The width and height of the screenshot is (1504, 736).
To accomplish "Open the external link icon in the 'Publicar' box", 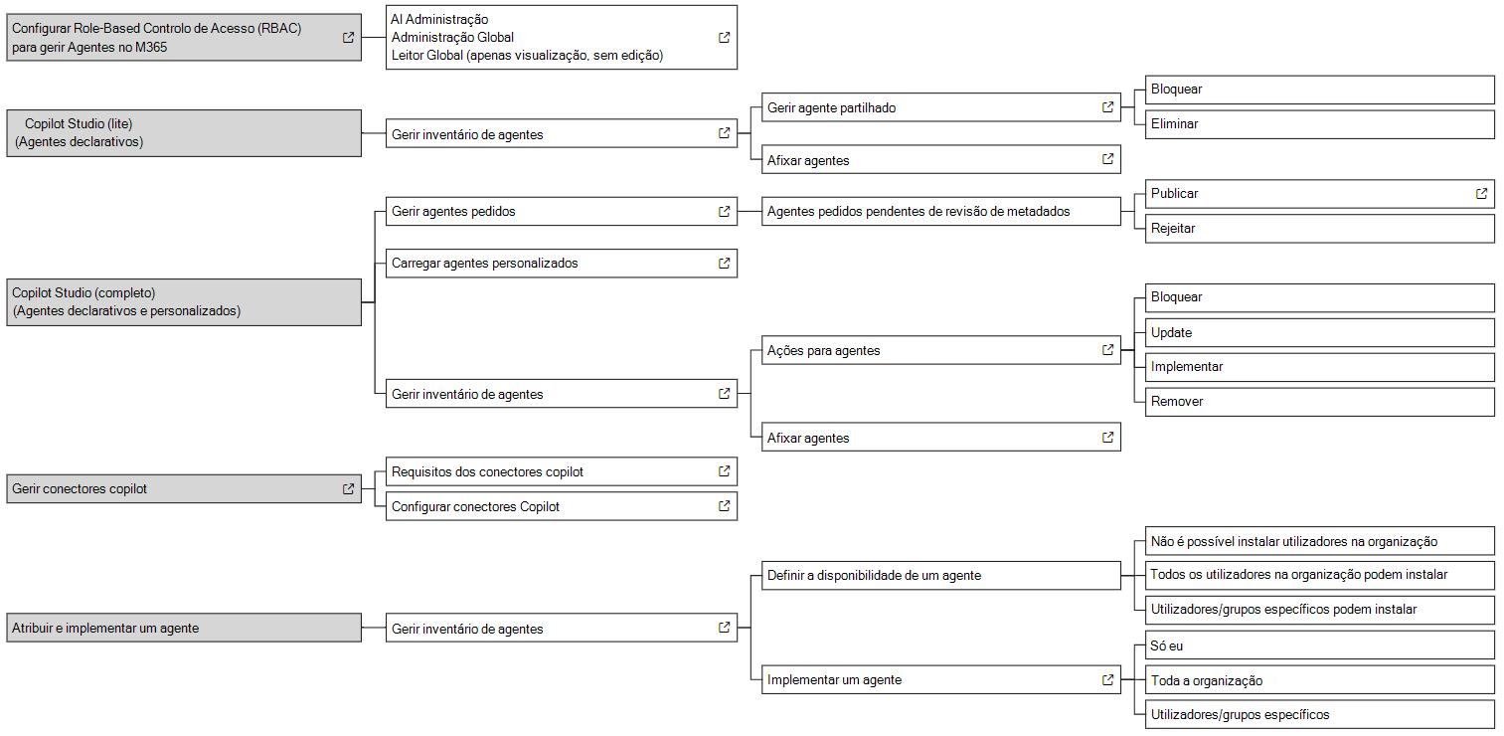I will pyautogui.click(x=1481, y=194).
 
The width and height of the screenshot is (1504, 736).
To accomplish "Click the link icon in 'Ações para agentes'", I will pyautogui.click(x=1107, y=350).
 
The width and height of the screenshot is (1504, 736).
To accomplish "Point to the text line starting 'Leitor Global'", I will pyautogui.click(x=527, y=56).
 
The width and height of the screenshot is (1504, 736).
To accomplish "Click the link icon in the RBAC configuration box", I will pyautogui.click(x=348, y=38).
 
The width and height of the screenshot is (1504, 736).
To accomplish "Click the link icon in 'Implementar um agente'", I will pyautogui.click(x=1107, y=680).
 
